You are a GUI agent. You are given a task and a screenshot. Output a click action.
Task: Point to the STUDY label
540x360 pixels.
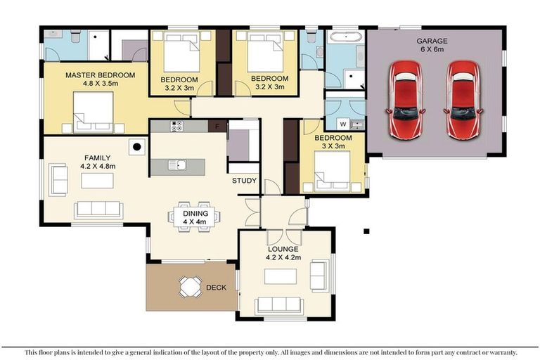point(244,181)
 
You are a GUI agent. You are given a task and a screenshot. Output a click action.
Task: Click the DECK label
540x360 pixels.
point(216,287)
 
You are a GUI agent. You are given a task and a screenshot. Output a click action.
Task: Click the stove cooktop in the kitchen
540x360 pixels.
point(176,127)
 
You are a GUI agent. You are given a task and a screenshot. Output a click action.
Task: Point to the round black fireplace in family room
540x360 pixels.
point(138,147)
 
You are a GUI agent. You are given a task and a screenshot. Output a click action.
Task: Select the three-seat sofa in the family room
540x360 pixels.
point(99,209)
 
